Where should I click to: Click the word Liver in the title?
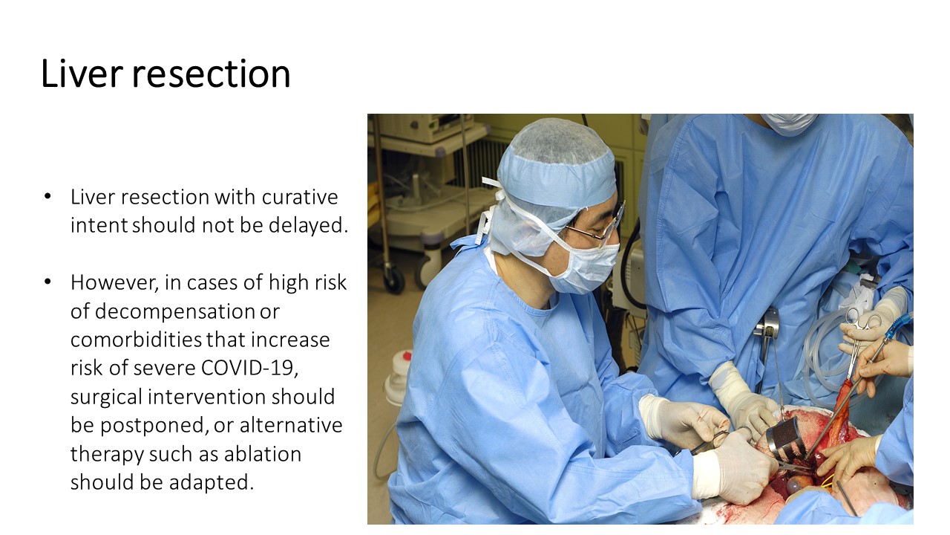click(x=82, y=74)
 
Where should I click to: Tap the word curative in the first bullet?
click(x=300, y=197)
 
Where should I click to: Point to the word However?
click(x=114, y=283)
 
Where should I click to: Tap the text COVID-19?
click(x=249, y=368)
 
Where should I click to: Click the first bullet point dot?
click(x=47, y=196)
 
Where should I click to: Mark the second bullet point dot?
click(x=47, y=282)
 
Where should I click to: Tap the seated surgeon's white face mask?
click(x=587, y=265)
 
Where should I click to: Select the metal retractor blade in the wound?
click(x=784, y=438)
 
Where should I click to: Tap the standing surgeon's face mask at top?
click(x=788, y=123)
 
